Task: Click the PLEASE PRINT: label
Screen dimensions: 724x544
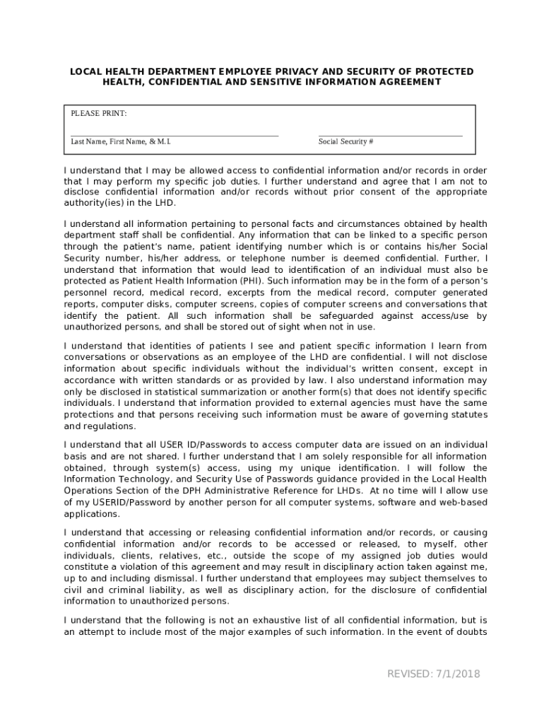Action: click(x=98, y=114)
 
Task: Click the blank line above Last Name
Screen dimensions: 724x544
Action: click(x=175, y=135)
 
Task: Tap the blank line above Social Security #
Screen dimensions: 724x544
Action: click(x=390, y=135)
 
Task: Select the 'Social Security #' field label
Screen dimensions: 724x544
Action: click(x=345, y=142)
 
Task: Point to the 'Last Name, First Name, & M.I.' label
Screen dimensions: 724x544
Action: click(x=121, y=142)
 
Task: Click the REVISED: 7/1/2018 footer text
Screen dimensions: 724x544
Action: click(x=433, y=674)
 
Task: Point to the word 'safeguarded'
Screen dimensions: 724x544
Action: click(x=344, y=316)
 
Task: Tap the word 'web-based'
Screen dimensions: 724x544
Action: click(x=463, y=502)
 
